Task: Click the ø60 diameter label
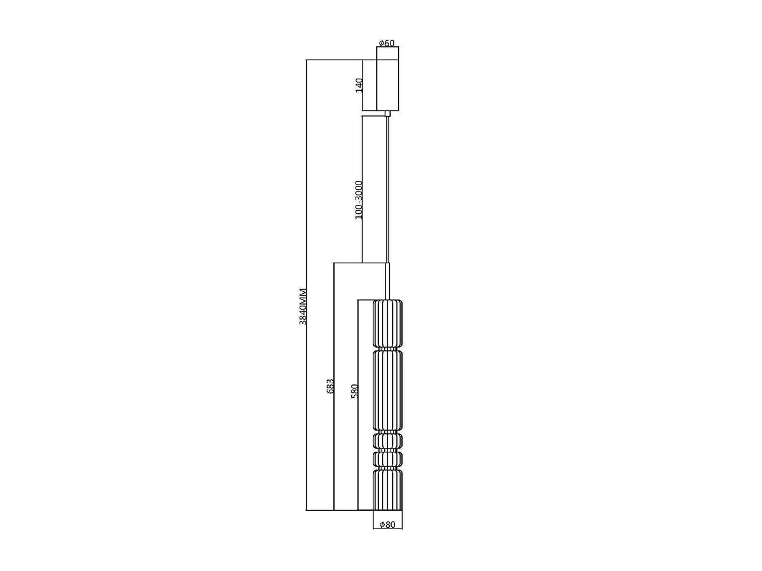(386, 43)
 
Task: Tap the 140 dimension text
(359, 85)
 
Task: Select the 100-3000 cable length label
(359, 200)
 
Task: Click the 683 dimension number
(330, 386)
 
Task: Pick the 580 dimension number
(354, 391)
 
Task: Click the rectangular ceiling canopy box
(387, 85)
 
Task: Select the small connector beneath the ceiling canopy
(388, 114)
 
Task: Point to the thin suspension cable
(388, 190)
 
